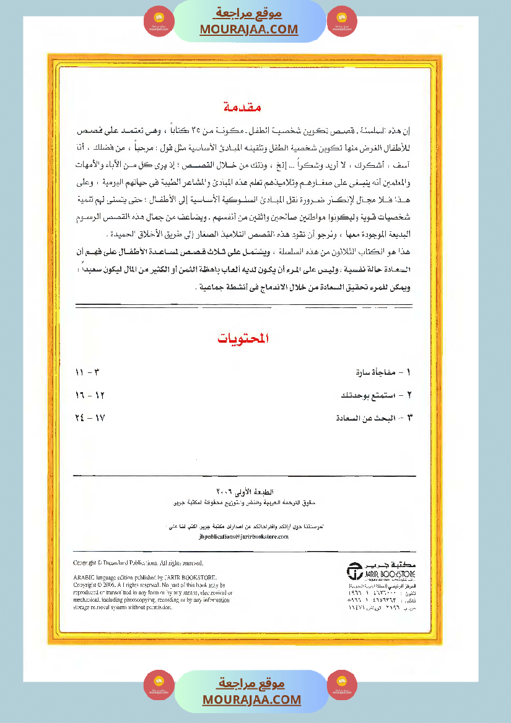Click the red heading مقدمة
click(245, 107)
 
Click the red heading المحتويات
click(245, 339)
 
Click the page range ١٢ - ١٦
click(88, 395)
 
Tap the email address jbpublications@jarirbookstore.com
click(244, 537)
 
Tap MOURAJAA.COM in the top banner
click(249, 29)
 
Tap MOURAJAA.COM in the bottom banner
click(251, 699)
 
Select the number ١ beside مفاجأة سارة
click(410, 374)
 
